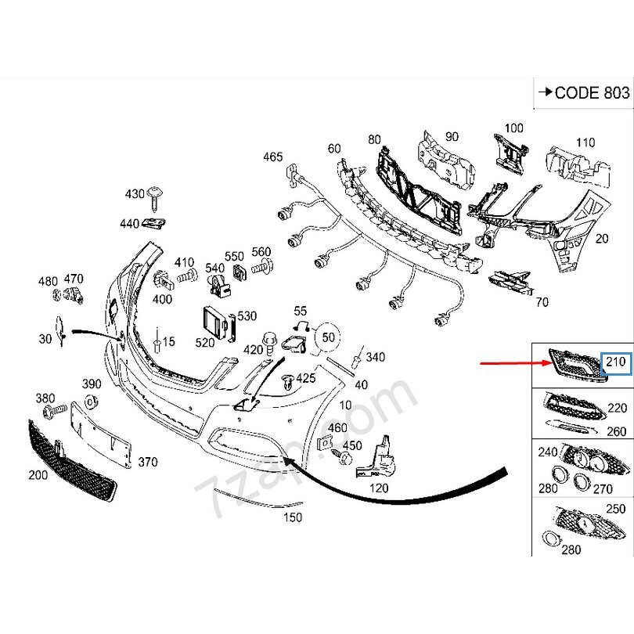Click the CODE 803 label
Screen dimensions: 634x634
pos(582,92)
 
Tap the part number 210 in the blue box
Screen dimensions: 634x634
pos(616,362)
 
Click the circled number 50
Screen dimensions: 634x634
pos(328,337)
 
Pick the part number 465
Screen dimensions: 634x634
pos(272,157)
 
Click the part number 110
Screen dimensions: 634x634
pos(585,142)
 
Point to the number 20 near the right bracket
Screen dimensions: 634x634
pos(602,239)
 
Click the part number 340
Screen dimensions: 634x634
pos(376,358)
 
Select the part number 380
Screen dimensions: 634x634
pos(45,398)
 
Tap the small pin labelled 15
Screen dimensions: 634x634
pos(158,340)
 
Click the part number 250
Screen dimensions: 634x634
pos(617,510)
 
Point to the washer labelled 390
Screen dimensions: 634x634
pos(91,402)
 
